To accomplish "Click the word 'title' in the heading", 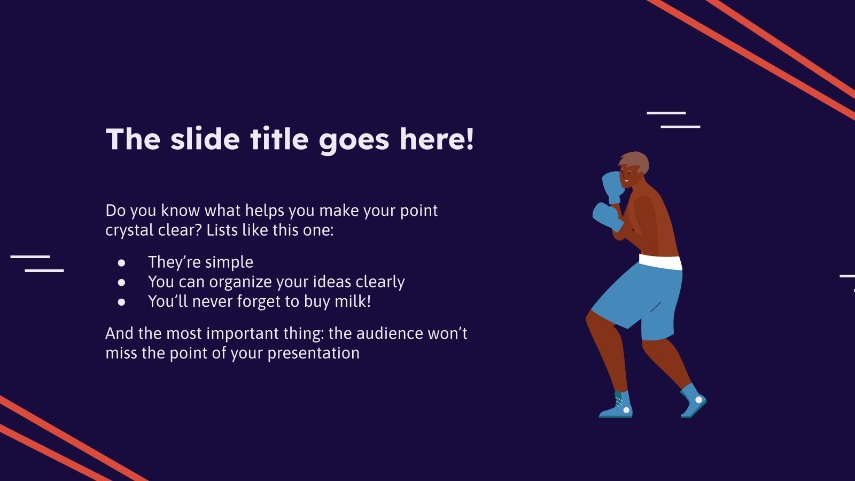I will coord(279,139).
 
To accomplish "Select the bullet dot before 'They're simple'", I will coord(122,262).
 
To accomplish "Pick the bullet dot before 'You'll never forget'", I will coord(122,302).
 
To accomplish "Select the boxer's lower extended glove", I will coord(606,215).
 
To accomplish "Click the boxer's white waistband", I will coord(660,262).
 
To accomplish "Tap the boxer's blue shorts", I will coord(641,299).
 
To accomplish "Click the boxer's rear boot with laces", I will coord(618,406).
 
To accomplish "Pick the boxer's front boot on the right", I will coord(693,402).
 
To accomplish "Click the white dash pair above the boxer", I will coord(673,120).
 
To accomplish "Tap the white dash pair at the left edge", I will coord(37,263).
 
